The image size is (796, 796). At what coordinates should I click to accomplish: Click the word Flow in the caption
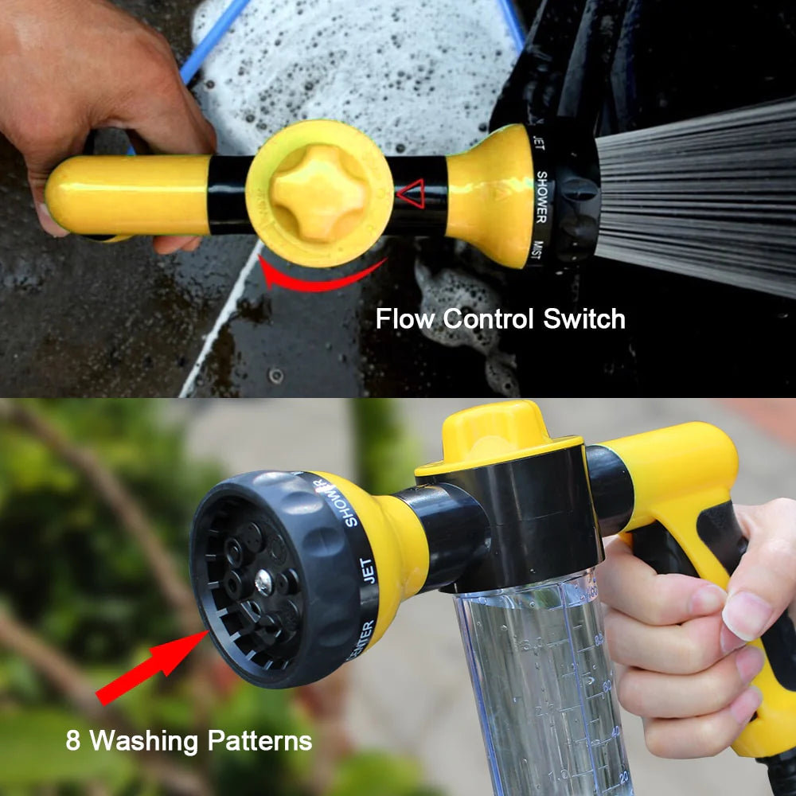pyautogui.click(x=405, y=319)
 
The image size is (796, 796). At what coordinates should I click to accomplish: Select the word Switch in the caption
pyautogui.click(x=584, y=319)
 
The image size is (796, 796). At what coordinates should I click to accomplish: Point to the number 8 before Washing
pyautogui.click(x=73, y=742)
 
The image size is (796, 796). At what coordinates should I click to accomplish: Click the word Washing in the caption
pyautogui.click(x=143, y=742)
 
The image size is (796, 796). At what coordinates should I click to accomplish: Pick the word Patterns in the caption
pyautogui.click(x=259, y=742)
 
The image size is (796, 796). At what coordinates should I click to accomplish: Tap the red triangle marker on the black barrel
pyautogui.click(x=411, y=193)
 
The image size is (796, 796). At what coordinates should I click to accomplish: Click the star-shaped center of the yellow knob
pyautogui.click(x=318, y=193)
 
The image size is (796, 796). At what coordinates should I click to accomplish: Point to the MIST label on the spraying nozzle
pyautogui.click(x=540, y=253)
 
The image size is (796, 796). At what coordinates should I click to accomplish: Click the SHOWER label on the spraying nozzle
pyautogui.click(x=541, y=196)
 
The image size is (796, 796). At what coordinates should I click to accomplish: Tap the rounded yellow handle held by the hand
pyautogui.click(x=127, y=196)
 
